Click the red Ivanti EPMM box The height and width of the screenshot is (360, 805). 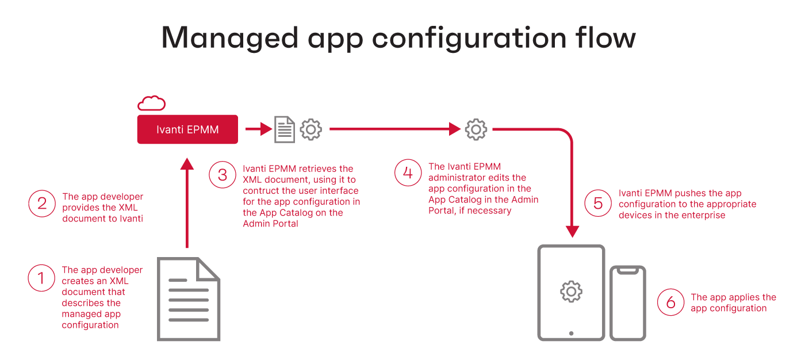[187, 129]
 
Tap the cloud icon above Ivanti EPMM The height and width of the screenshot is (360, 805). [151, 104]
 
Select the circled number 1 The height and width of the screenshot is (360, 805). [41, 278]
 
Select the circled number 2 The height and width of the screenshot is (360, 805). [41, 203]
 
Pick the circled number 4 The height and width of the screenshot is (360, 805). [408, 173]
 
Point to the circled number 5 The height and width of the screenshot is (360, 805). [598, 204]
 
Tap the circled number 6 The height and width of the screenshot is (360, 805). [670, 302]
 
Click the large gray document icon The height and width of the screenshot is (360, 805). [189, 299]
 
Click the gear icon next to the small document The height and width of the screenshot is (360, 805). [311, 129]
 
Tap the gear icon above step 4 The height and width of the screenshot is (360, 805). [476, 129]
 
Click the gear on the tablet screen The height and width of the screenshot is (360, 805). [571, 292]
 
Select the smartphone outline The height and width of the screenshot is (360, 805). [628, 303]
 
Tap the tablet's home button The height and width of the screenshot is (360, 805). [571, 333]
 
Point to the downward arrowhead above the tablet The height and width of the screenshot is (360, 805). [572, 232]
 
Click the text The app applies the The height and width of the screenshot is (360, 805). [733, 297]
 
